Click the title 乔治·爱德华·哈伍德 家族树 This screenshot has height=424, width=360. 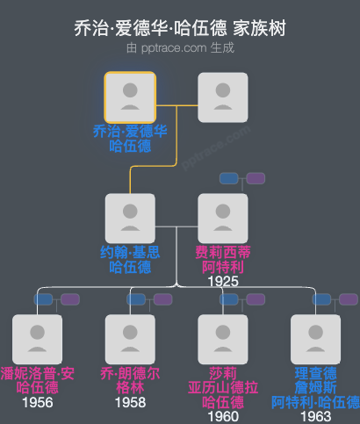[180, 28]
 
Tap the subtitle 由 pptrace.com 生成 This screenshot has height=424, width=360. [180, 48]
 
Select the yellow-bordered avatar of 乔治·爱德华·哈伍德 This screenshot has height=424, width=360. [130, 97]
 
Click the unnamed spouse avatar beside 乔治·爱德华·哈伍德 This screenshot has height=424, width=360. [223, 97]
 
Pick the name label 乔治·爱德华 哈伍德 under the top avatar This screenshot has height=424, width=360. [130, 139]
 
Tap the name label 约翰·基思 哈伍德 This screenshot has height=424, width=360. [130, 259]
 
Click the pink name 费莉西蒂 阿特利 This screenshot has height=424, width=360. [223, 259]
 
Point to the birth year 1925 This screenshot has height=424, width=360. [223, 282]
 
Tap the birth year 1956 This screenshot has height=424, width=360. [38, 403]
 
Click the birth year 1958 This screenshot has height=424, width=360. [130, 403]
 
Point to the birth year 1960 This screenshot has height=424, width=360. [223, 416]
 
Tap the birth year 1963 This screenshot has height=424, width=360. [315, 416]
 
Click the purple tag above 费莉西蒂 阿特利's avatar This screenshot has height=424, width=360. [256, 178]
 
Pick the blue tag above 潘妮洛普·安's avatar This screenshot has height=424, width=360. [43, 299]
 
